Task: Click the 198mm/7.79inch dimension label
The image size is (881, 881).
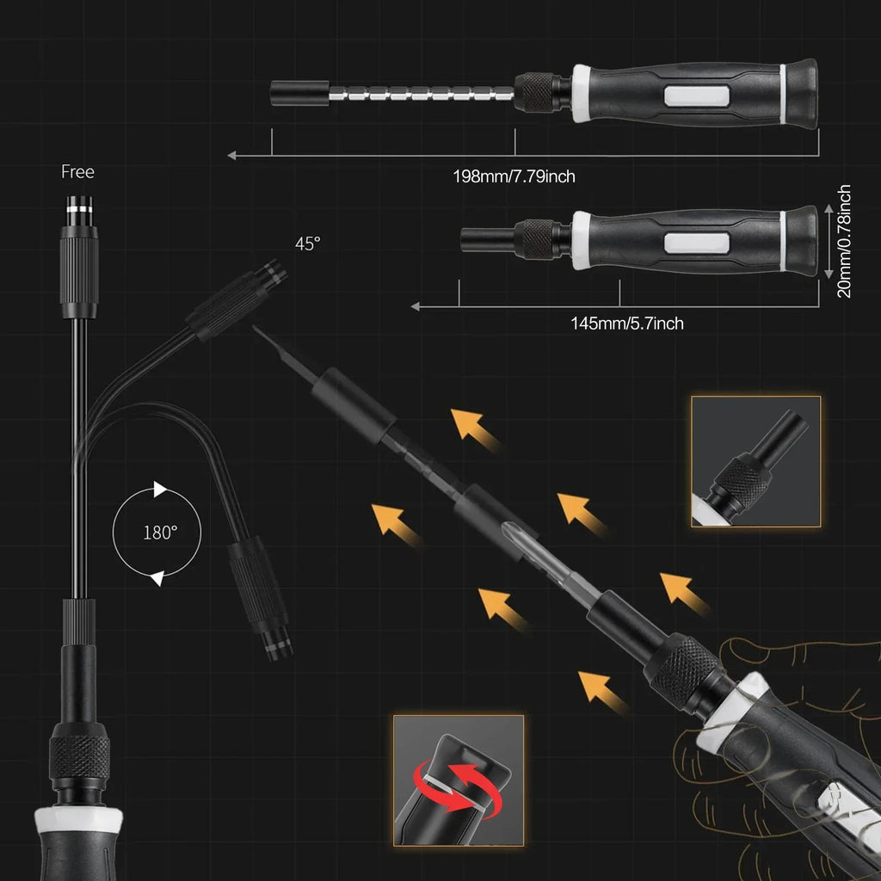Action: coord(514,177)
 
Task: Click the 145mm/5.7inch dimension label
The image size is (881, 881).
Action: coord(627,323)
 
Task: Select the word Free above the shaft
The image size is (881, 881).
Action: coord(77,172)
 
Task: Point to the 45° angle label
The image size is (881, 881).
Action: coord(307,243)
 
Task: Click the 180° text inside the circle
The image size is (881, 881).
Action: coord(160,532)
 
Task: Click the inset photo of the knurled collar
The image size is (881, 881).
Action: coord(755,461)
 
